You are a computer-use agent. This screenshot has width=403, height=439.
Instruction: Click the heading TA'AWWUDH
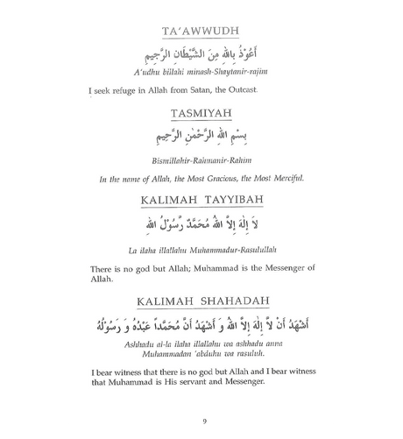[x=201, y=32]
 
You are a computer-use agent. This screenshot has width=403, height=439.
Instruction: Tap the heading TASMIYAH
[x=201, y=111]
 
